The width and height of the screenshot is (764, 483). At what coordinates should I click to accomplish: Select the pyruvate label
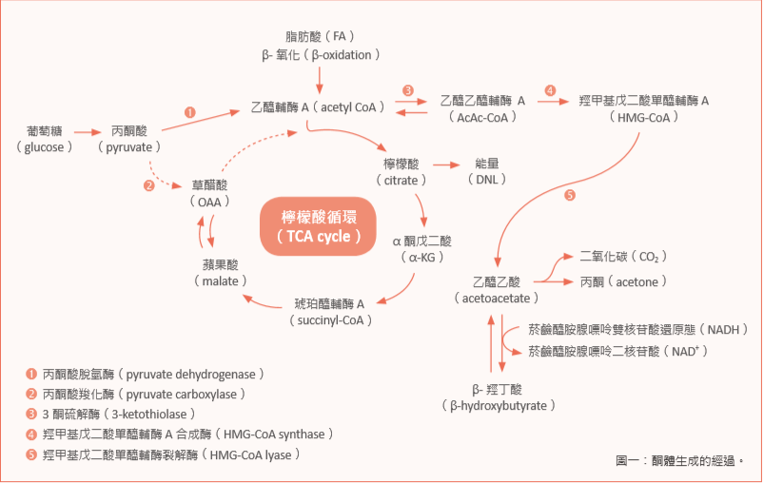point(128,139)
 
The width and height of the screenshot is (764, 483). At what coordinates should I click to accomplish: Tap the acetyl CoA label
point(317,107)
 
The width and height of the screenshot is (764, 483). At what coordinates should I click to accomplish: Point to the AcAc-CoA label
point(482,108)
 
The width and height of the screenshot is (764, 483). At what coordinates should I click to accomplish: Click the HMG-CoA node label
point(644,108)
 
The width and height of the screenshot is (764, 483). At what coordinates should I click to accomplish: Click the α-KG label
point(422,249)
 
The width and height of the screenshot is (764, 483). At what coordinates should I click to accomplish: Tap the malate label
point(220,273)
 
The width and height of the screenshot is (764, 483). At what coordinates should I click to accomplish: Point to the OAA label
point(208,193)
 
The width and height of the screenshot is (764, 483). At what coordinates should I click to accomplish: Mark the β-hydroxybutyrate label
point(498,396)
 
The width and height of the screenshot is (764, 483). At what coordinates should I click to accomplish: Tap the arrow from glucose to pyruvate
point(88,131)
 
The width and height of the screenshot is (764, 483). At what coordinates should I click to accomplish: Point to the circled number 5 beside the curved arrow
point(569,196)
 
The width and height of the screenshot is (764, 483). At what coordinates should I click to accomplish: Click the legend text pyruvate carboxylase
point(146,394)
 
